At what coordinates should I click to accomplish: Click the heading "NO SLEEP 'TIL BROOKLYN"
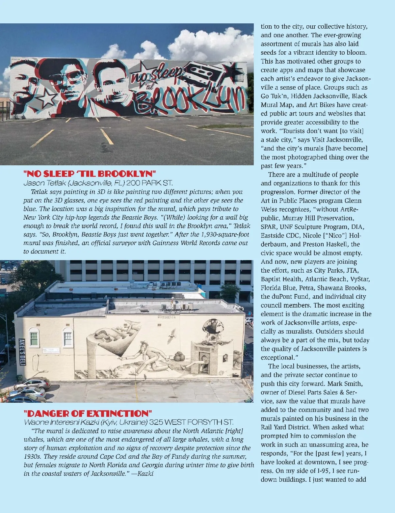[90, 174]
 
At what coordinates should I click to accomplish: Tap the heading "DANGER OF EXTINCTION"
[88, 413]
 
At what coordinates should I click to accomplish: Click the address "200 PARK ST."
[149, 183]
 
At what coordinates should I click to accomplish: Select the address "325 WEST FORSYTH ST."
[191, 422]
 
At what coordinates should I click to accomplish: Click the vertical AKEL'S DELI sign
[22, 352]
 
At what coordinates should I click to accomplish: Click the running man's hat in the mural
[144, 343]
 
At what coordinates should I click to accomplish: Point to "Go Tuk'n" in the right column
[275, 96]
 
